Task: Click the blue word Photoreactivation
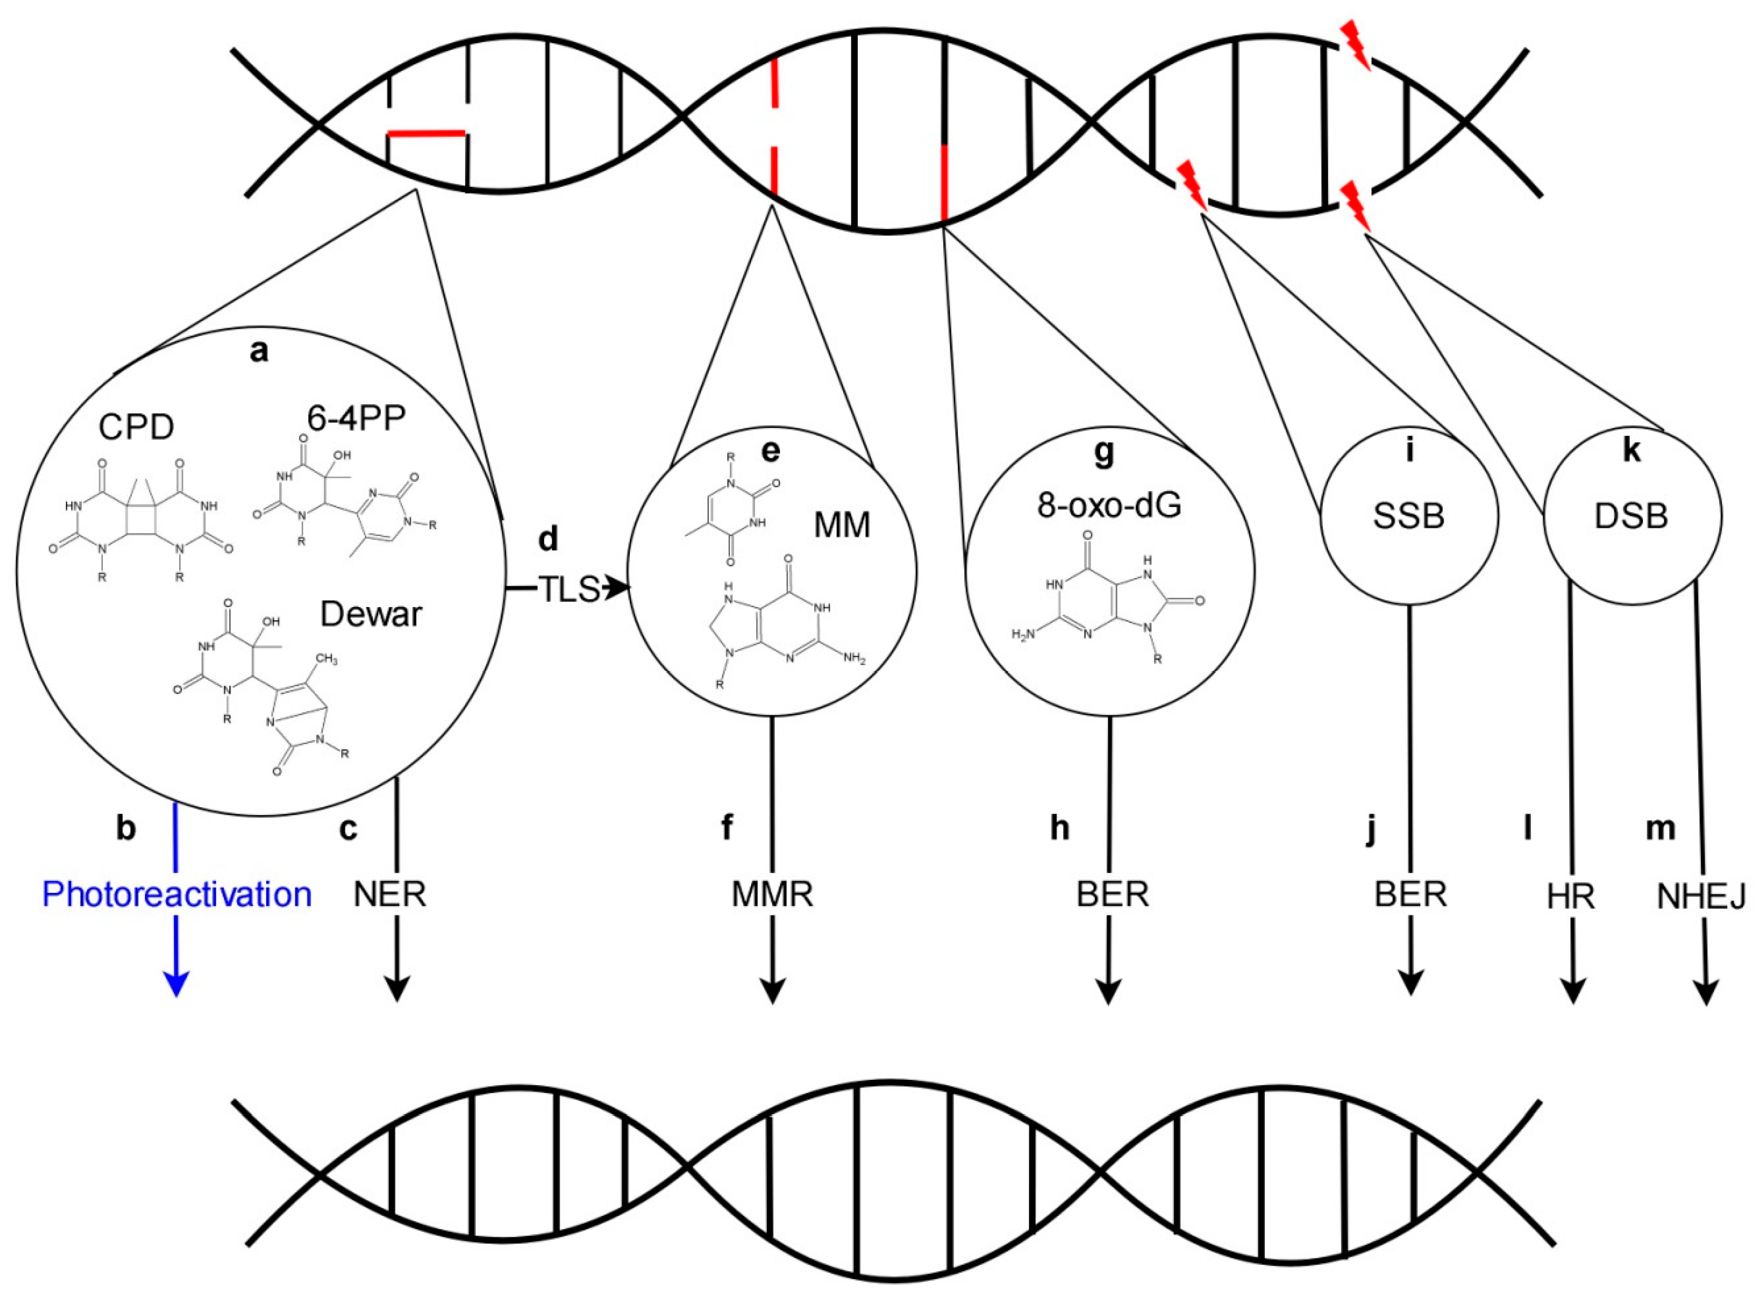[x=177, y=895]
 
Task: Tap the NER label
[x=391, y=895]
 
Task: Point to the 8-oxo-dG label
[x=1109, y=507]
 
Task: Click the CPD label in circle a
[x=136, y=428]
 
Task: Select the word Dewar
[x=371, y=614]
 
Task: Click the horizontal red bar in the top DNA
[x=427, y=134]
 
